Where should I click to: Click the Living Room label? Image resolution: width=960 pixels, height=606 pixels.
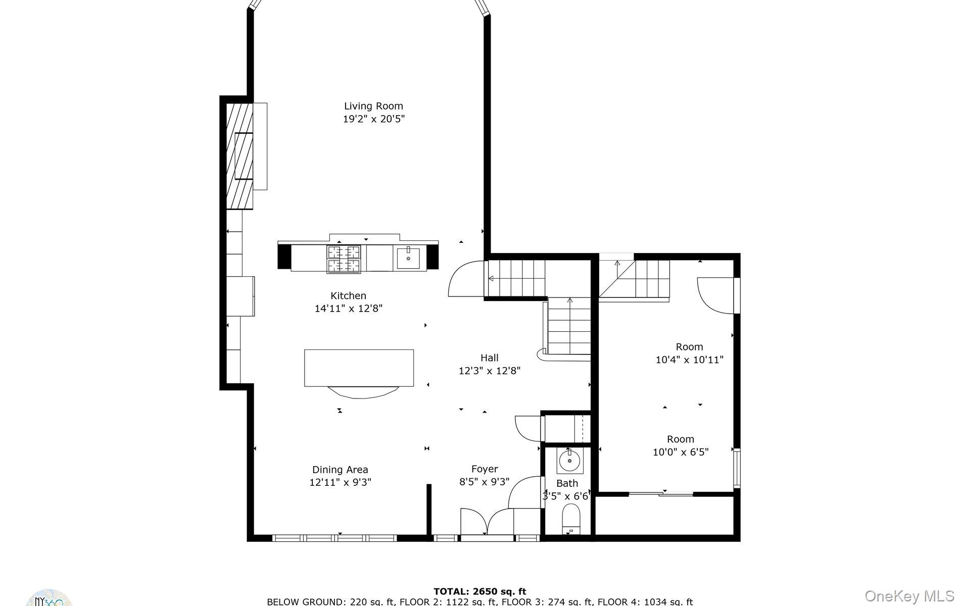coord(373,106)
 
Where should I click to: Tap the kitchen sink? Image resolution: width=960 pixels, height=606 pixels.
coord(408,259)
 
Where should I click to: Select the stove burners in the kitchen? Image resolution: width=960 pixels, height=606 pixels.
coord(344,259)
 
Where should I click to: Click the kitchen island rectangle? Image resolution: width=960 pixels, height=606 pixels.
coord(359,368)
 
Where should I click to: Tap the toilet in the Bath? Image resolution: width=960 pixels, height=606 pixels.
coord(571,519)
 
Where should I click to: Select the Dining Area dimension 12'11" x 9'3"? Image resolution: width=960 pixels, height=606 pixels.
coord(340,482)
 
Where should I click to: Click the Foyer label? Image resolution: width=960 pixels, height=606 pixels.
coord(485,469)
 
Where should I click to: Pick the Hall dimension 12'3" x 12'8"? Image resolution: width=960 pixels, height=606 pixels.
coord(489,371)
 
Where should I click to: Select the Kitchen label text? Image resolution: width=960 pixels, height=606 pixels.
coord(348,296)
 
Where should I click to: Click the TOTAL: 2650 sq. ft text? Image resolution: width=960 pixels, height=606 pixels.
coord(479,591)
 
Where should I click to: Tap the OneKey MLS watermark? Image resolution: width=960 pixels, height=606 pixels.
coord(909,596)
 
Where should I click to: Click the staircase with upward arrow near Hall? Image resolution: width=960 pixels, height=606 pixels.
coord(569,326)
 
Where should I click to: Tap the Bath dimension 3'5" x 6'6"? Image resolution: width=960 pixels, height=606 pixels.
coord(566,496)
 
